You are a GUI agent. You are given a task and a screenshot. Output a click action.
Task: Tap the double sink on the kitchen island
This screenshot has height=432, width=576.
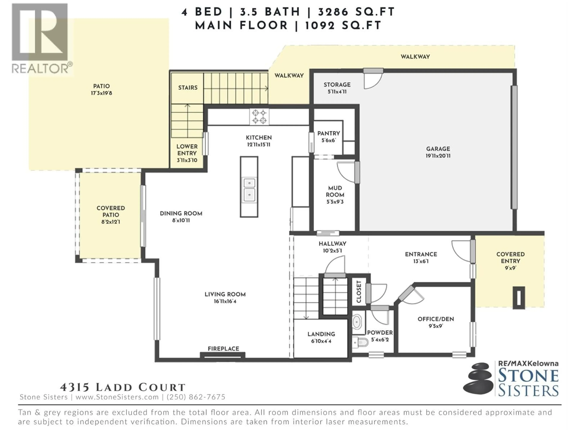249,189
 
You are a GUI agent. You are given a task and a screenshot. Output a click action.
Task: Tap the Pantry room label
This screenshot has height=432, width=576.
329,133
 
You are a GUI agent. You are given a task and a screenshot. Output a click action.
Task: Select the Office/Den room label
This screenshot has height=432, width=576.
436,319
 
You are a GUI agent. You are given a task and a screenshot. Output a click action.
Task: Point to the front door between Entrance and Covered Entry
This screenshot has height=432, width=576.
473,251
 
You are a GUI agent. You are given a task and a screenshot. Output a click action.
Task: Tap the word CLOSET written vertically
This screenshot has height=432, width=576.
359,292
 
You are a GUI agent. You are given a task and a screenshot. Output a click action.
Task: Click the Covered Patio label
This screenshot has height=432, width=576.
111,211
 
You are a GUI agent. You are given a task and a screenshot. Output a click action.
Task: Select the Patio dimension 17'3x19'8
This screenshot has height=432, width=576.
102,93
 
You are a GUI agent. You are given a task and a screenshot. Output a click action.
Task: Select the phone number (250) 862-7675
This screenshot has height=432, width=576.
196,397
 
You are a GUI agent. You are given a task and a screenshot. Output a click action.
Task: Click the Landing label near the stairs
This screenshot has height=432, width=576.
321,334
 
